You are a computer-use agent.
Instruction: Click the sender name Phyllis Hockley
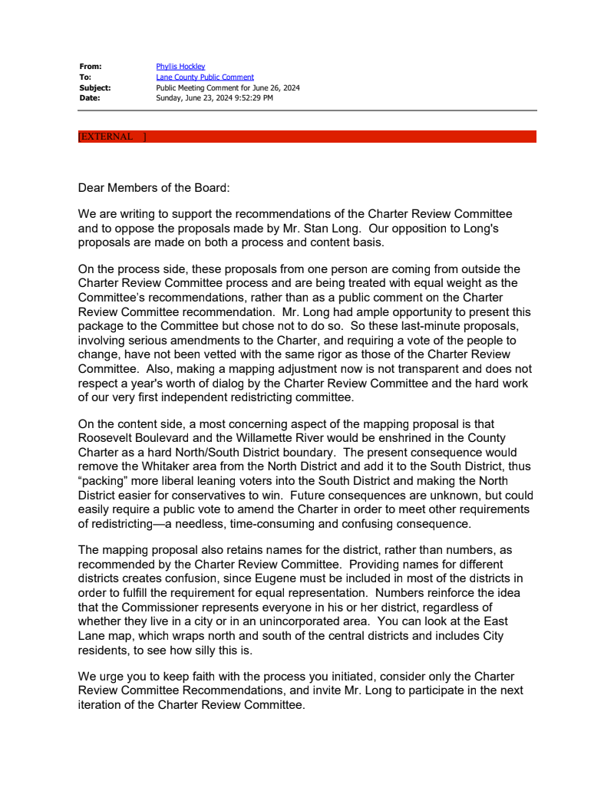click(180, 67)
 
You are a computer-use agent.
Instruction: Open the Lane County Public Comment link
click(204, 77)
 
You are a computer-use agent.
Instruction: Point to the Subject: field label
click(95, 87)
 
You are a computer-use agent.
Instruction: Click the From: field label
click(91, 67)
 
